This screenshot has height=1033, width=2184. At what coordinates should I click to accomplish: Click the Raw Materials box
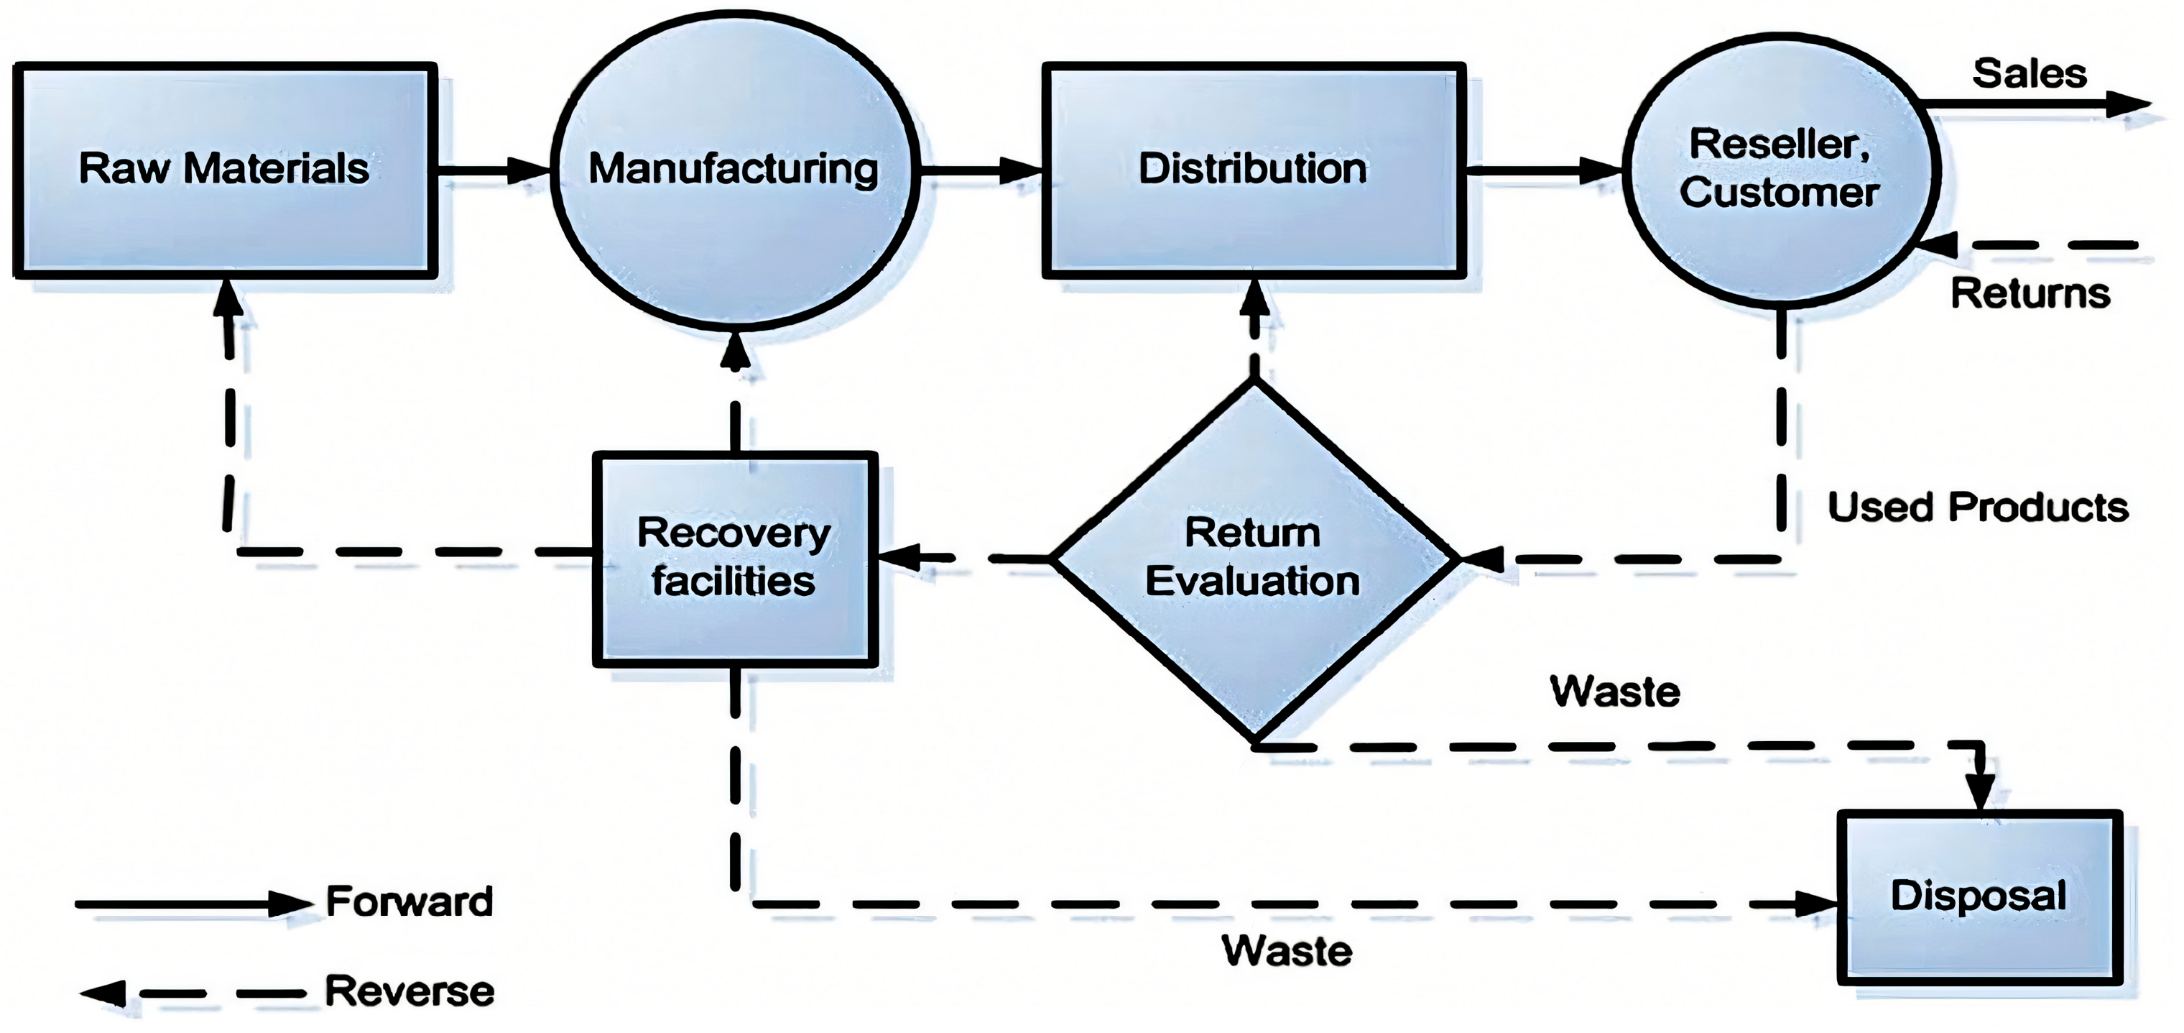pos(225,170)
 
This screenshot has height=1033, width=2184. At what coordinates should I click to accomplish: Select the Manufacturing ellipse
pos(734,170)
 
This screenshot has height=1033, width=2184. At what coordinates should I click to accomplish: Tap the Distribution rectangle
pos(1253,170)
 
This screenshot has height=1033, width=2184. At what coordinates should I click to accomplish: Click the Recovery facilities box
pos(734,558)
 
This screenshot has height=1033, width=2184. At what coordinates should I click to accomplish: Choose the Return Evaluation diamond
pos(1253,558)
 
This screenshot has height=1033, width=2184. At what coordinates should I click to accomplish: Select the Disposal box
pos(1979,897)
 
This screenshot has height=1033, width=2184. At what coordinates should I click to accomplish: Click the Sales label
pos(2029,75)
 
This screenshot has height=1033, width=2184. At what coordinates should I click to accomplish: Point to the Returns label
pos(2030,293)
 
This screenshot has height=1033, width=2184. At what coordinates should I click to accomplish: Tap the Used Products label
pos(1977,508)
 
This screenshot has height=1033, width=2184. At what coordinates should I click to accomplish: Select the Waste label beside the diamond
pos(1614,692)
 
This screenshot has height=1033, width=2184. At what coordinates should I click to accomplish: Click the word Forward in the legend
pos(409,901)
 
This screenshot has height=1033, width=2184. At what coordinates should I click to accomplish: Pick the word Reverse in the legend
pos(409,991)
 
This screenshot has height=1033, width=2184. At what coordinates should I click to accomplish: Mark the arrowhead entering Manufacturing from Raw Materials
pos(529,170)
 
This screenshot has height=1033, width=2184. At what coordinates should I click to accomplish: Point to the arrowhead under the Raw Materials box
pos(227,297)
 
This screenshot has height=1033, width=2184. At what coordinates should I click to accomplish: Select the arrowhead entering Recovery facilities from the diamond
pos(899,558)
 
